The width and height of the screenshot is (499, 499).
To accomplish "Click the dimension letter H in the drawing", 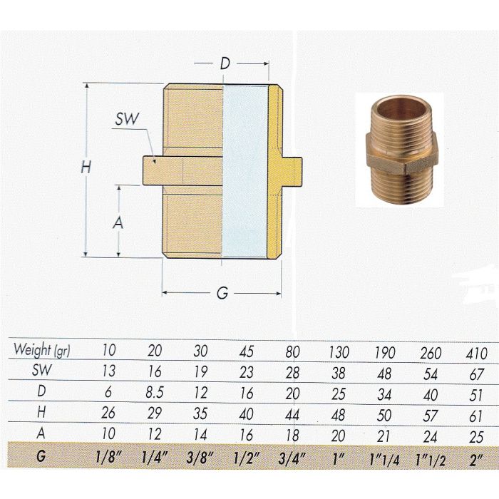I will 86,168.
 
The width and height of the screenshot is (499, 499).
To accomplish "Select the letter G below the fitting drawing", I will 222,294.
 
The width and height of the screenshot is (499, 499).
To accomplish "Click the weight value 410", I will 476,353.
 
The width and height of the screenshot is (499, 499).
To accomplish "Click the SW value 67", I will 476,373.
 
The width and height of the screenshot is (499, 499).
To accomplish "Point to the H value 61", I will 476,414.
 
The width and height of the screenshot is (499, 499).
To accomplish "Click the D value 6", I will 110,392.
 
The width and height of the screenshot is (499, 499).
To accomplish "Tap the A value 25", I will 476,435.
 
